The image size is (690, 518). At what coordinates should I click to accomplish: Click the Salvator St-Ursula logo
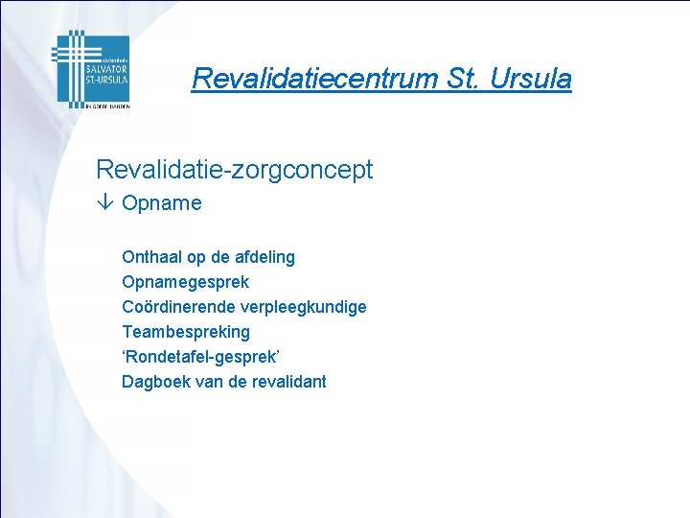(91, 68)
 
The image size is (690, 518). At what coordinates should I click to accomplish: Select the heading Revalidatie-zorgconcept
(234, 171)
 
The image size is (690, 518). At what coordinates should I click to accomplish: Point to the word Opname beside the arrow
(162, 203)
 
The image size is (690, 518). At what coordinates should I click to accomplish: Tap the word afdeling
(263, 257)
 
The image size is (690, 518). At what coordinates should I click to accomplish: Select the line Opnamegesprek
(185, 282)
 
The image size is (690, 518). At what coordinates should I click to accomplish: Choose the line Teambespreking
(185, 332)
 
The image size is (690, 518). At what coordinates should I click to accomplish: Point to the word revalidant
(289, 382)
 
